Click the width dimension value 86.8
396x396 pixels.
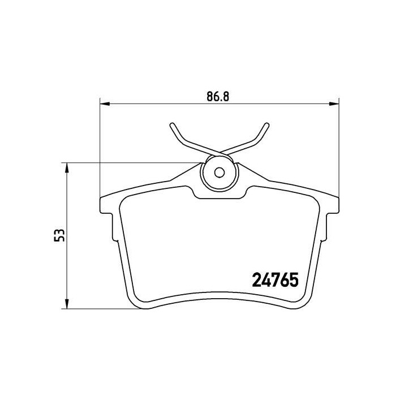pos(217,96)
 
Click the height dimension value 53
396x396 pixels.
pos(57,236)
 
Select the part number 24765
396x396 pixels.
pos(274,280)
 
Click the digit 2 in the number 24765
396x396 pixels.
pos(255,280)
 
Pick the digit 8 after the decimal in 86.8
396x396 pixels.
pos(225,96)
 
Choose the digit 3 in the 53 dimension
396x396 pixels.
pos(57,232)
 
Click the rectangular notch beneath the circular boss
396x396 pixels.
pos(220,194)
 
